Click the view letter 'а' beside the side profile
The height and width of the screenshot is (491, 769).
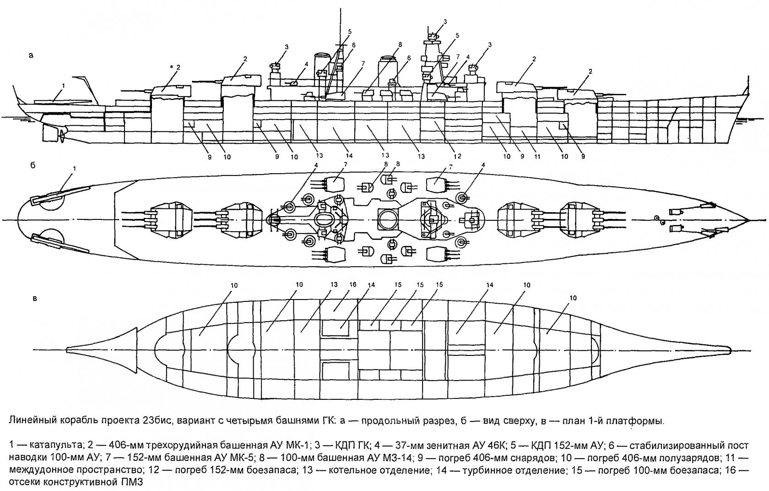tap(31, 56)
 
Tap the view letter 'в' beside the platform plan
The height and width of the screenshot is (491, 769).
tap(35, 299)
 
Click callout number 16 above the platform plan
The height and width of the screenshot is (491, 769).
tap(352, 284)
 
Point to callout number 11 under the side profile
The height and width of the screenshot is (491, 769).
tap(537, 157)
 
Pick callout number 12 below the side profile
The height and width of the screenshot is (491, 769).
tap(457, 157)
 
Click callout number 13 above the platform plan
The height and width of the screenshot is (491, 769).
tap(334, 284)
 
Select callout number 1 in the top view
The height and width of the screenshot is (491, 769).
tap(75, 169)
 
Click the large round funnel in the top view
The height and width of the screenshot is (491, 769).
tap(388, 219)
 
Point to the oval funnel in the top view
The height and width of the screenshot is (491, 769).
tap(324, 220)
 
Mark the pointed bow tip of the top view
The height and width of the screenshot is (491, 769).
tap(748, 219)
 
